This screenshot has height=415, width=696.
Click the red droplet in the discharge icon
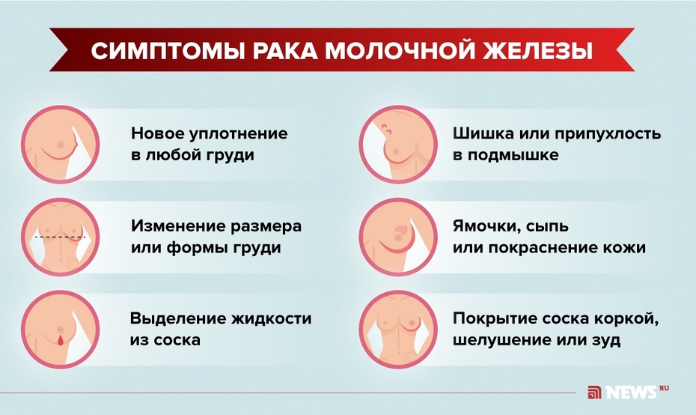(59, 341)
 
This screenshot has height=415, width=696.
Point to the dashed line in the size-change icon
(60, 237)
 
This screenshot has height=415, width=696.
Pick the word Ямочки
(483, 225)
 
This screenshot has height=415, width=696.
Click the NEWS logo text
(631, 391)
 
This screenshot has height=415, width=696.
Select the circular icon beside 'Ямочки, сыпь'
(396, 237)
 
